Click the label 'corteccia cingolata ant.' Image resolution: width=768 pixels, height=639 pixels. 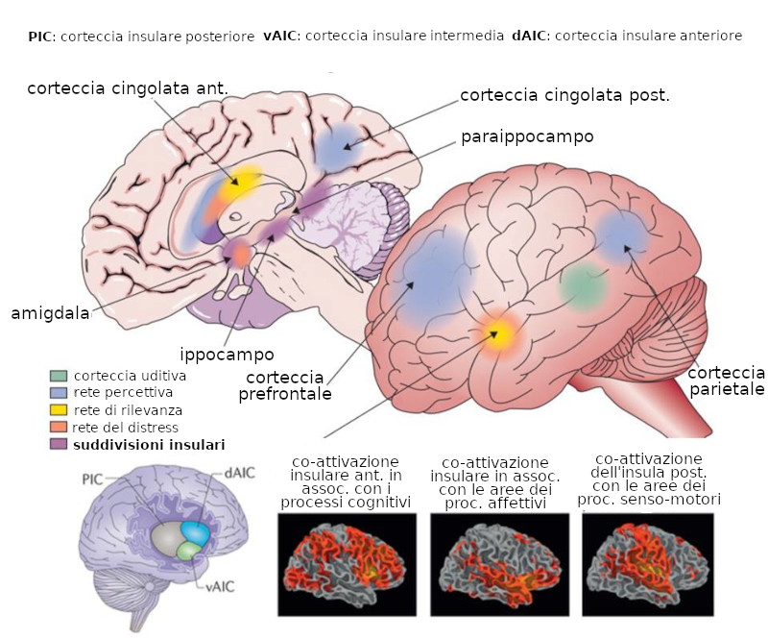tap(128, 88)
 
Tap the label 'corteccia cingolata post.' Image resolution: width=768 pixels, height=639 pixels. tap(564, 95)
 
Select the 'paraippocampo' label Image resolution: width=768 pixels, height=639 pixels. tap(527, 136)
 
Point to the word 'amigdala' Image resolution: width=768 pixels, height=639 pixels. tap(50, 313)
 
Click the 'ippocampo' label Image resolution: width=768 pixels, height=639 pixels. tap(227, 354)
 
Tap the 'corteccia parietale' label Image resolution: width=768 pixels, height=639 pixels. tap(727, 381)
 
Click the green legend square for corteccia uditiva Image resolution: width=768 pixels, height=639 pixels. tap(60, 376)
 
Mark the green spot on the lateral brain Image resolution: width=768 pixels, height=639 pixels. tap(583, 285)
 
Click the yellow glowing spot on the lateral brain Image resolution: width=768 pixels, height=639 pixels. tap(497, 333)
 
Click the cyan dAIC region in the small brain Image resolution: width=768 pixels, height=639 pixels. tap(196, 531)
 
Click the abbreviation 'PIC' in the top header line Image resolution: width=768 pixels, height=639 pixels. tap(40, 36)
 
